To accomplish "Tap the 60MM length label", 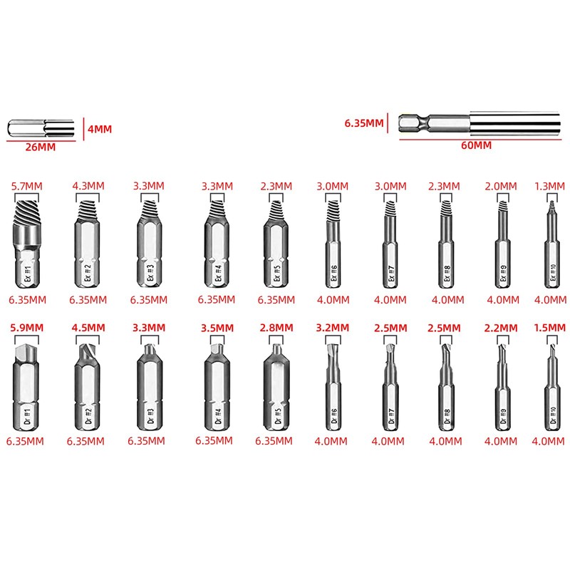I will (476, 145).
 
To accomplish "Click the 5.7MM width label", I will (27, 186).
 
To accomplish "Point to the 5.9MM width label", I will (27, 328).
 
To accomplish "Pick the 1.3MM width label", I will (549, 186).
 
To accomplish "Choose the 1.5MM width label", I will (549, 328).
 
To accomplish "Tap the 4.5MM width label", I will (88, 328).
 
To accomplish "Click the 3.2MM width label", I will (333, 328).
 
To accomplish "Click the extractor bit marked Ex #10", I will (549, 246).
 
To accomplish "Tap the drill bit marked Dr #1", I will (27, 388).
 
